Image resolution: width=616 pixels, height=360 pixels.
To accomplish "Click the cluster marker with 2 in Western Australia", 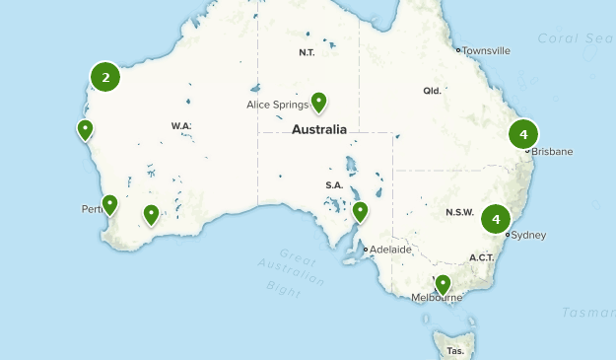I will [x=105, y=76].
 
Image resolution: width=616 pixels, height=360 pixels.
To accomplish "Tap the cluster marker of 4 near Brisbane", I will [x=523, y=134].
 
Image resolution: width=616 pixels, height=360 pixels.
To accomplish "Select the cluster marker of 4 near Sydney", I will [x=497, y=219].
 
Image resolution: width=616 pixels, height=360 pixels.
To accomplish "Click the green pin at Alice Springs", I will [x=318, y=101].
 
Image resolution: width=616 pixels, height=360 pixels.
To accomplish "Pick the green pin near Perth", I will [x=109, y=204].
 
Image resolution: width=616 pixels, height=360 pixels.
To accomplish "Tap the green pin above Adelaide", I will [x=360, y=210].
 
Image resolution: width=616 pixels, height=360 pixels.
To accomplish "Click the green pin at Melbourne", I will [x=444, y=283].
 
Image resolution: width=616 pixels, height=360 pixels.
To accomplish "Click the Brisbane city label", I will [x=552, y=151].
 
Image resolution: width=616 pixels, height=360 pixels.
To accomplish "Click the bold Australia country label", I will [x=319, y=129].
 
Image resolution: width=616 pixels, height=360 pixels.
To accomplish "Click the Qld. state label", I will [x=432, y=90].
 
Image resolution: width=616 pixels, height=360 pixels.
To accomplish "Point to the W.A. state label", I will [x=180, y=126].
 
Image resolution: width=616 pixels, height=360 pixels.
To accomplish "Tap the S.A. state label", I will [x=333, y=185].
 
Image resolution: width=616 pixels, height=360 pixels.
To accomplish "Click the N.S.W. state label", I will [x=459, y=213].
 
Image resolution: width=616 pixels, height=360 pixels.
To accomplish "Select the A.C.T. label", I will [x=481, y=257].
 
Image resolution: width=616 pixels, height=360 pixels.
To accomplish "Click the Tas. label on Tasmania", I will [x=455, y=350].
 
